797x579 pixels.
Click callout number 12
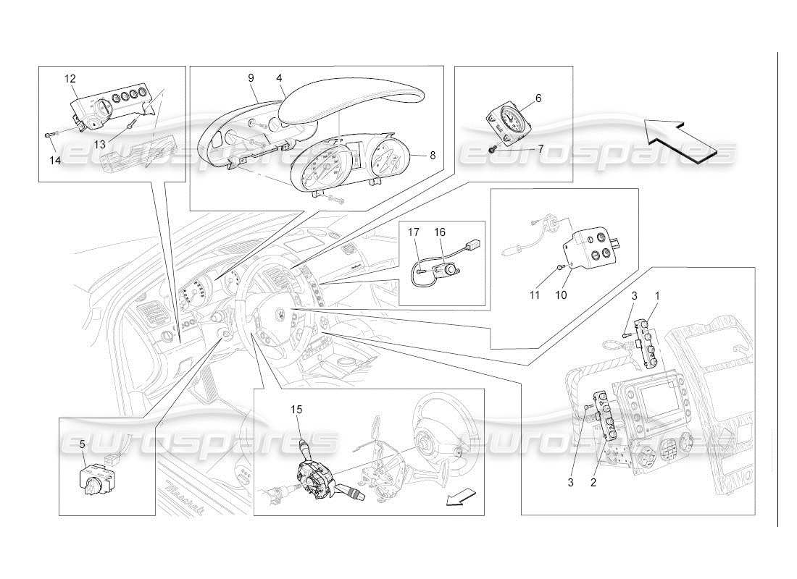pos(70,78)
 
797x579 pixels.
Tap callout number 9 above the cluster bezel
pos(250,77)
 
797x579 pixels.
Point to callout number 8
pos(433,155)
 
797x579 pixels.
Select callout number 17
pos(413,232)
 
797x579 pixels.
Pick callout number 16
pos(440,232)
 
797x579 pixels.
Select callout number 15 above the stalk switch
pos(296,410)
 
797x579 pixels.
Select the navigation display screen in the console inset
pos(658,400)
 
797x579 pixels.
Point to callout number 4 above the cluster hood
pos(279,77)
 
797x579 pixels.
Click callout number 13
pos(99,144)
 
